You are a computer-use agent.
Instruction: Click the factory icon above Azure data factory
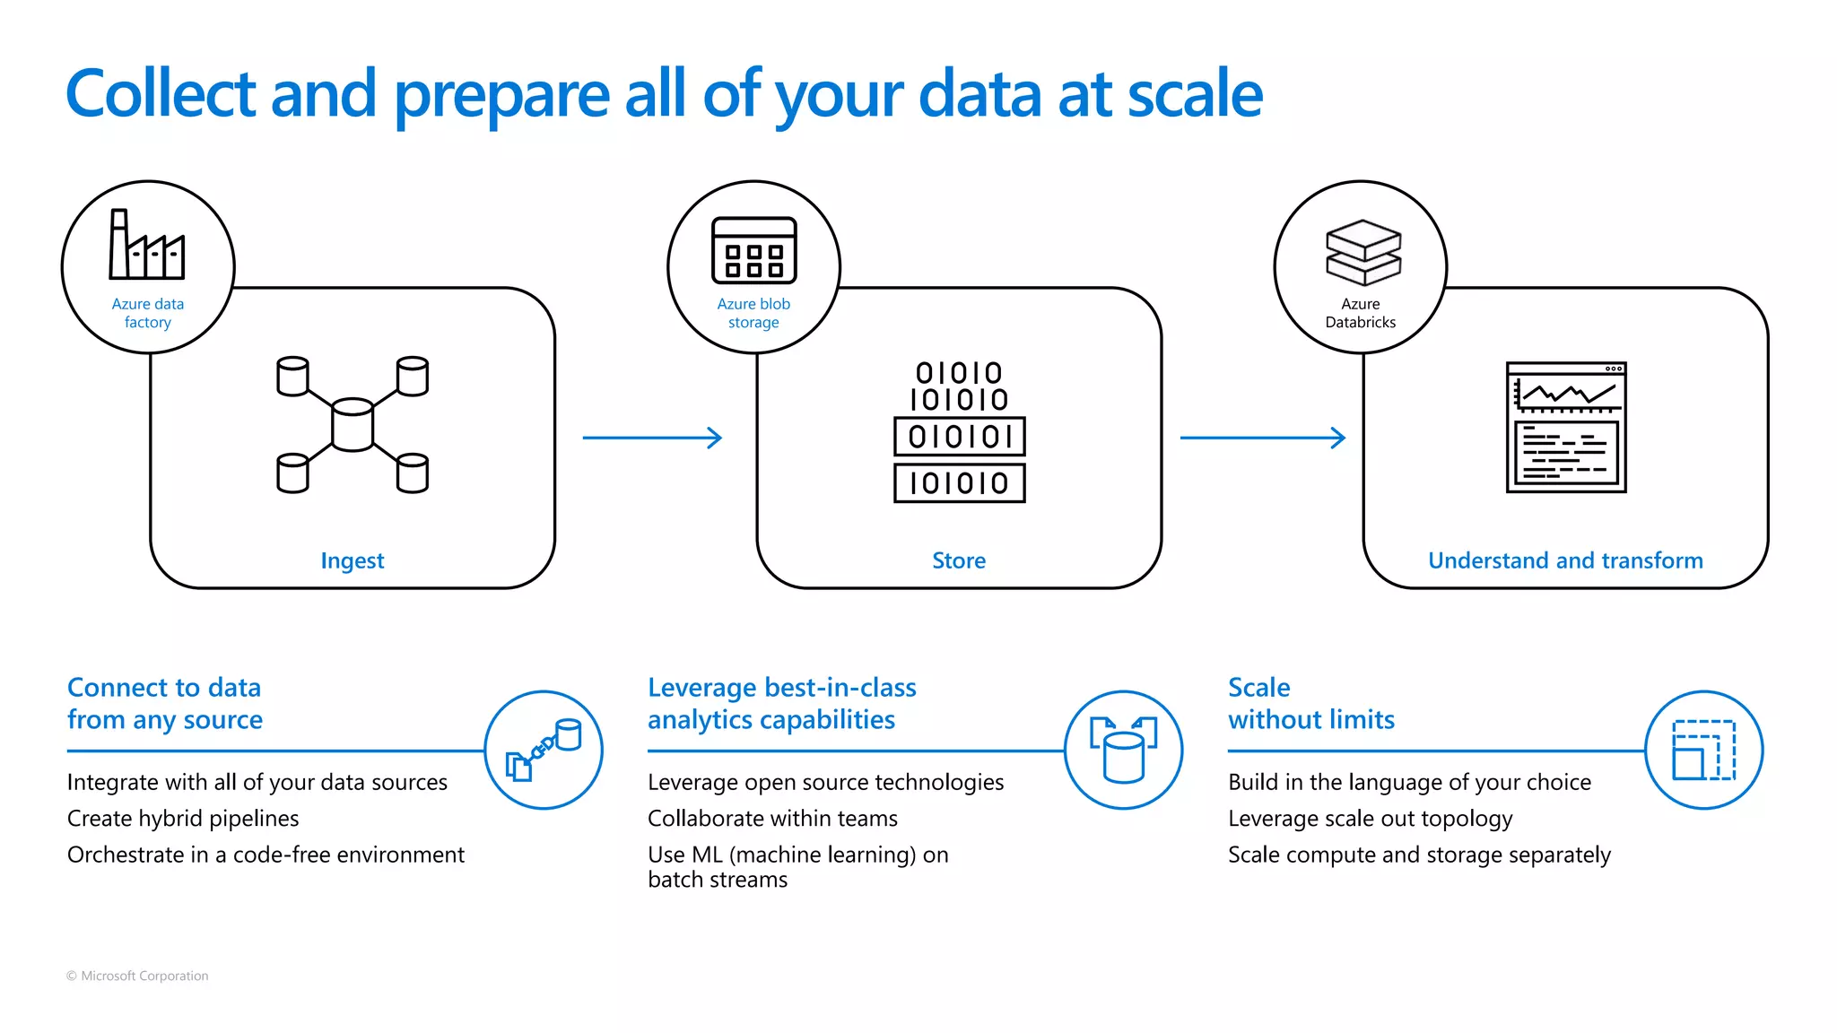[147, 245]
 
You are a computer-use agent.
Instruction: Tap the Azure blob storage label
[753, 313]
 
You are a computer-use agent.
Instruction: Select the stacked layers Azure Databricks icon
[1363, 252]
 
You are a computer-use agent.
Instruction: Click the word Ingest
[353, 560]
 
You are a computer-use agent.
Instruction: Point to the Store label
[959, 560]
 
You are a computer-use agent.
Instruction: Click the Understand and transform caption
[1565, 560]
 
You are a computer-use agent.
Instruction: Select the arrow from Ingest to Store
[652, 438]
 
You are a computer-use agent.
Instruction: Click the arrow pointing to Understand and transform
[1262, 438]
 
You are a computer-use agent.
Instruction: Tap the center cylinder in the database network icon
[353, 424]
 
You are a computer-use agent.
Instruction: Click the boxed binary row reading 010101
[959, 437]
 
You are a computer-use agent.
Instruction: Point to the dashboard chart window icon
[1566, 427]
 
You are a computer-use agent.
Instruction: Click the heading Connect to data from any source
[165, 703]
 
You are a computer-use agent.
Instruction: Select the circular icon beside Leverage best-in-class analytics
[1123, 750]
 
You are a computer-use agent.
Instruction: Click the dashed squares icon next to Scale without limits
[1703, 750]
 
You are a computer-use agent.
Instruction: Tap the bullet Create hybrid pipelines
[183, 818]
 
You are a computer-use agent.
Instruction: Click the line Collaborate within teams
[772, 818]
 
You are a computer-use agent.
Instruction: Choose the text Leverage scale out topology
[1370, 818]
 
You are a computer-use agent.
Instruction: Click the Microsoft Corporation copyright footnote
[137, 976]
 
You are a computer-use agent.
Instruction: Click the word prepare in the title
[502, 95]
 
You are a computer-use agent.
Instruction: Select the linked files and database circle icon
[544, 750]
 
